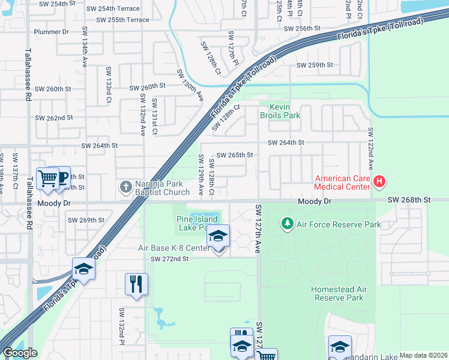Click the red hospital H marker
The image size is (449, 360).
click(379, 181)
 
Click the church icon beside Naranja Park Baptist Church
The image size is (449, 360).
click(125, 187)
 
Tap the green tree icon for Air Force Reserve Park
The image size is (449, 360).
click(288, 224)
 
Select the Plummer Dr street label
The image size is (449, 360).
click(52, 32)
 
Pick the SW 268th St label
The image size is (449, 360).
click(409, 199)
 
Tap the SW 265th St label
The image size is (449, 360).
click(235, 155)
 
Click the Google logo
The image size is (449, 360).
click(19, 353)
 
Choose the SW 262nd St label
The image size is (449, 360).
click(53, 118)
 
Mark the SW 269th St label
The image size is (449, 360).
click(87, 220)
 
